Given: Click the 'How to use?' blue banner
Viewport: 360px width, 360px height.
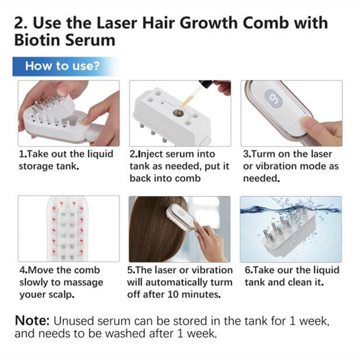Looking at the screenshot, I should [63, 66].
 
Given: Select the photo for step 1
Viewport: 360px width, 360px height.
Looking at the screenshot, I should [68, 113].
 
